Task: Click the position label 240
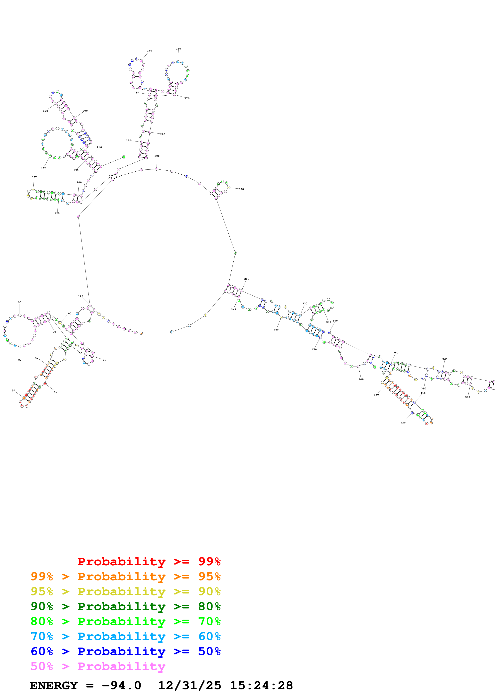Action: [149, 51]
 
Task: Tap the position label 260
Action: [179, 48]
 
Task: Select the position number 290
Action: [157, 156]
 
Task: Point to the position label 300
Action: [241, 189]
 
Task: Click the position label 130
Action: [34, 177]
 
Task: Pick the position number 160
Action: [44, 167]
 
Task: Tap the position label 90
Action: [20, 302]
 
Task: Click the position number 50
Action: [13, 390]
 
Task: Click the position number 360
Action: [445, 359]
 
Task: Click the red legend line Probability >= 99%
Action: [149, 561]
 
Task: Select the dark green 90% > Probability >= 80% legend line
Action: [125, 606]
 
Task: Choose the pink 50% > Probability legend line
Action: [98, 666]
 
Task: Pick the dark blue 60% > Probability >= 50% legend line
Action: [125, 651]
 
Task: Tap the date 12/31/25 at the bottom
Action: [189, 686]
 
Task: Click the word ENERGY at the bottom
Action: [54, 686]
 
